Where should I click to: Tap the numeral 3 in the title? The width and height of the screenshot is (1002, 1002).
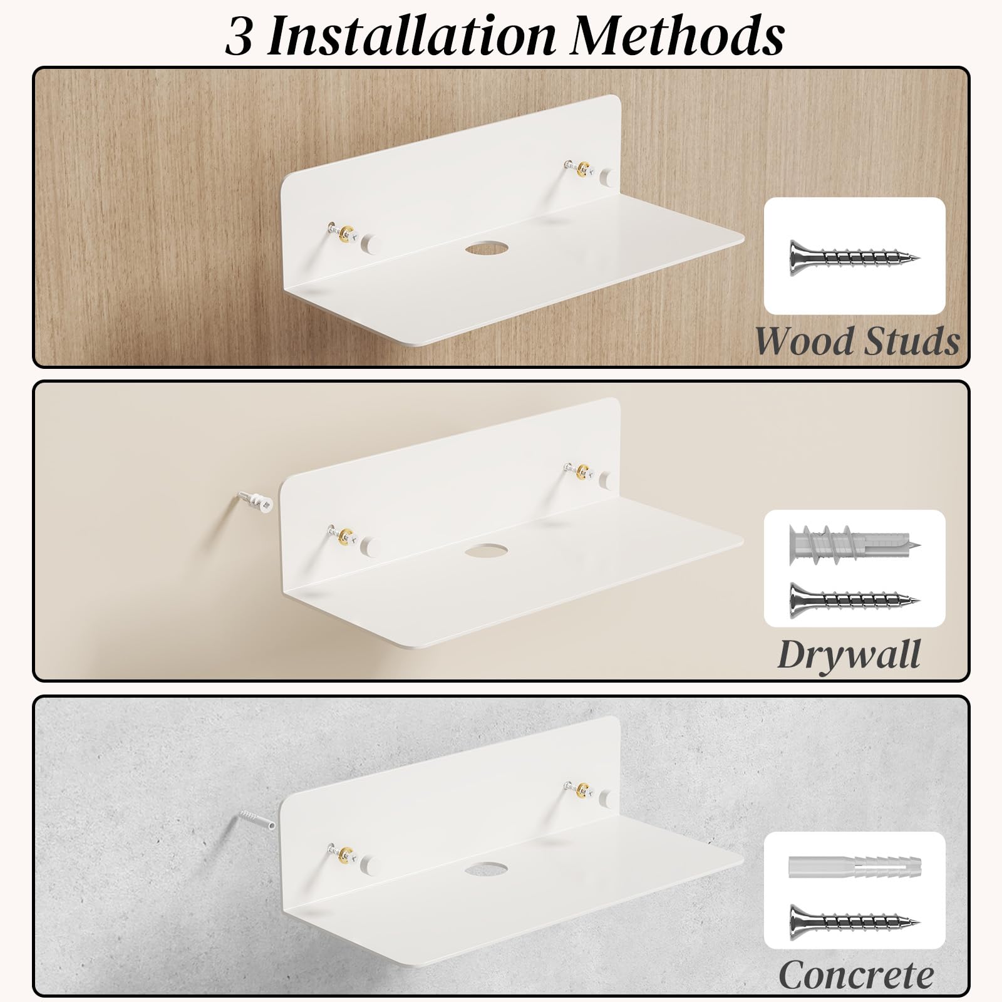tap(238, 36)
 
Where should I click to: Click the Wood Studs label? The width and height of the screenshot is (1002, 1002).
tap(857, 341)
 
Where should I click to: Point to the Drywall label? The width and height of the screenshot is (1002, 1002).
tap(849, 655)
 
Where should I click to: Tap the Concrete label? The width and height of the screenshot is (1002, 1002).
tap(856, 976)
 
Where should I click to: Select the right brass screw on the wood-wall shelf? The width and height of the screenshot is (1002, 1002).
tap(581, 168)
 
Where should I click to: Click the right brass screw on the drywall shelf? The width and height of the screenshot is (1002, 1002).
tap(581, 470)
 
